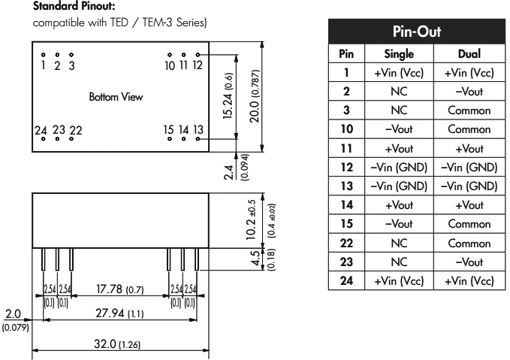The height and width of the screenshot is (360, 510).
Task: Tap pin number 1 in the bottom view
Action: tap(44, 65)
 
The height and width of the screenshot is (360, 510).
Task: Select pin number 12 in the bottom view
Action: tap(197, 65)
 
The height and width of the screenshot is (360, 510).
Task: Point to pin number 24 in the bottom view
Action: tap(42, 129)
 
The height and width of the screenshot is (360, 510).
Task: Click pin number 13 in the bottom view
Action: tap(198, 129)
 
